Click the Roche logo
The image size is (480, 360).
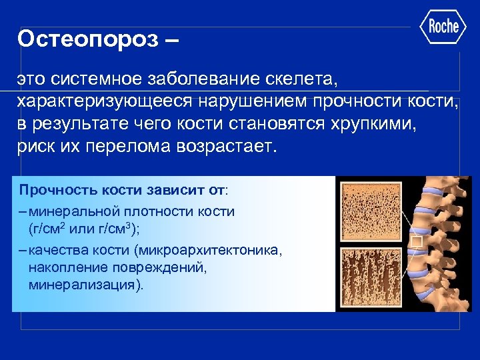[443, 27]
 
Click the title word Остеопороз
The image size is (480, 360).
[89, 38]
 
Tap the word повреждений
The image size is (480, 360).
[170, 268]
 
